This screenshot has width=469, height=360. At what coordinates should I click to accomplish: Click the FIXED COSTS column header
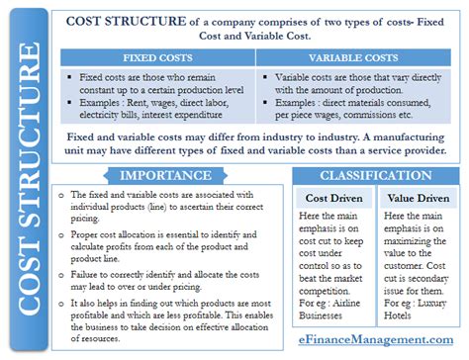tap(157, 56)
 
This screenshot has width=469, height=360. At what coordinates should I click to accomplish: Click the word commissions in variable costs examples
tap(387, 115)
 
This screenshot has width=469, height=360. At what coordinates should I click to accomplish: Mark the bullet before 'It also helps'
tap(62, 289)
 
